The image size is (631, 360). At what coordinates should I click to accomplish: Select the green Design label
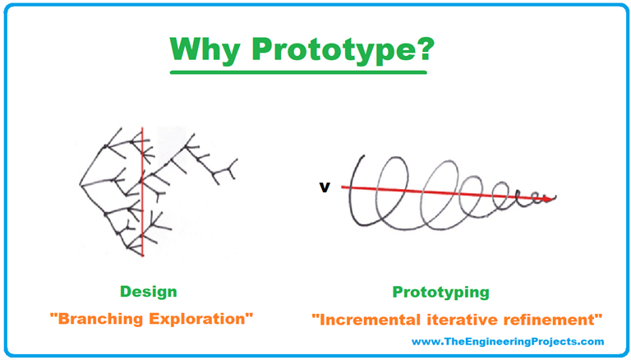tap(148, 292)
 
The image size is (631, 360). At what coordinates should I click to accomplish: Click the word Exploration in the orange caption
tap(200, 316)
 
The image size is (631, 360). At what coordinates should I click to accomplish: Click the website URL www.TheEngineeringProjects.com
tap(508, 342)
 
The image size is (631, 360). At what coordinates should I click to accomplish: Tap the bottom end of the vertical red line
tap(142, 256)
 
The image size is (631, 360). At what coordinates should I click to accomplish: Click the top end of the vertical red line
tap(142, 128)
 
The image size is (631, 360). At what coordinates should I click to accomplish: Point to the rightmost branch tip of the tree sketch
tap(239, 163)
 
